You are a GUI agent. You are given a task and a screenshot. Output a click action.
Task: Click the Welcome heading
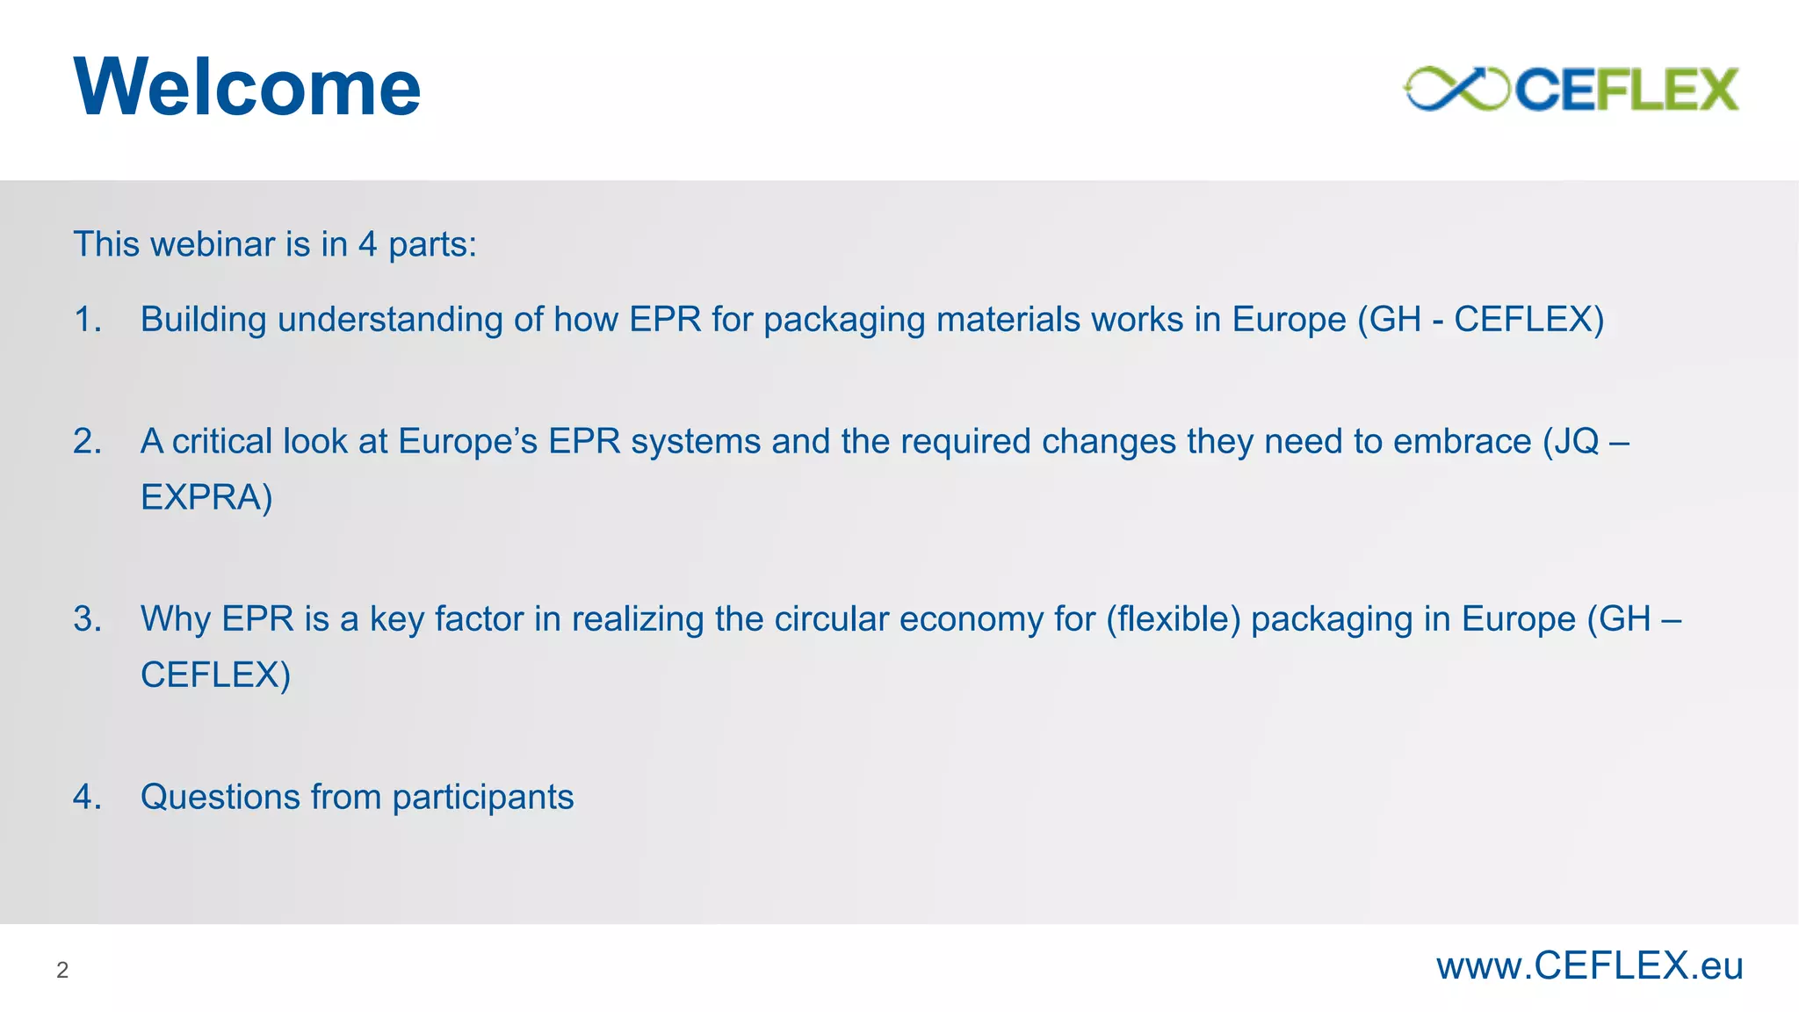[x=247, y=87]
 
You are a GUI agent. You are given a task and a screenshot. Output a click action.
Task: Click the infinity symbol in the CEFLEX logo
[x=1456, y=89]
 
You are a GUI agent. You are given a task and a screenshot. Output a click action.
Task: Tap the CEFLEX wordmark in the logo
[x=1626, y=90]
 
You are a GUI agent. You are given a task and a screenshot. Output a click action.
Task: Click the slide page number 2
[x=62, y=970]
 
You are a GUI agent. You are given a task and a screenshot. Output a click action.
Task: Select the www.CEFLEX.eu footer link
[x=1589, y=966]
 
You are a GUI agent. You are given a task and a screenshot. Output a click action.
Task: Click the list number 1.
[x=86, y=319]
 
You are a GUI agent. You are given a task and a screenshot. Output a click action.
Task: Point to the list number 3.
[x=86, y=619]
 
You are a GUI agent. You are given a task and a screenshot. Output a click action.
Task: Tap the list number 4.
[x=86, y=797]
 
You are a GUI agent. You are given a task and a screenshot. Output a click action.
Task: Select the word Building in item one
[x=203, y=320]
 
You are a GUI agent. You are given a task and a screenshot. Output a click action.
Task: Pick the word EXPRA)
[x=206, y=497]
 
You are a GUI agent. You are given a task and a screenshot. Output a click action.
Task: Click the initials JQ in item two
[x=1576, y=441]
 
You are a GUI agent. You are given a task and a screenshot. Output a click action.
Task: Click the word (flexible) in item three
[x=1173, y=619]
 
